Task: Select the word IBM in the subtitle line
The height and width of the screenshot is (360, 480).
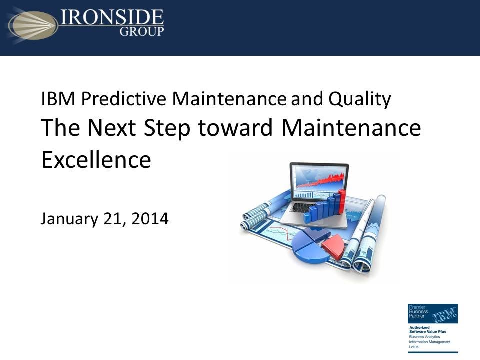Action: click(x=58, y=99)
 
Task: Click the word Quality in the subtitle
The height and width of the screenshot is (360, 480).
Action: click(x=359, y=99)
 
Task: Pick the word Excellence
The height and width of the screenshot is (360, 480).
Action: click(x=96, y=160)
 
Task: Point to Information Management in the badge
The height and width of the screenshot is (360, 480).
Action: click(x=429, y=342)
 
